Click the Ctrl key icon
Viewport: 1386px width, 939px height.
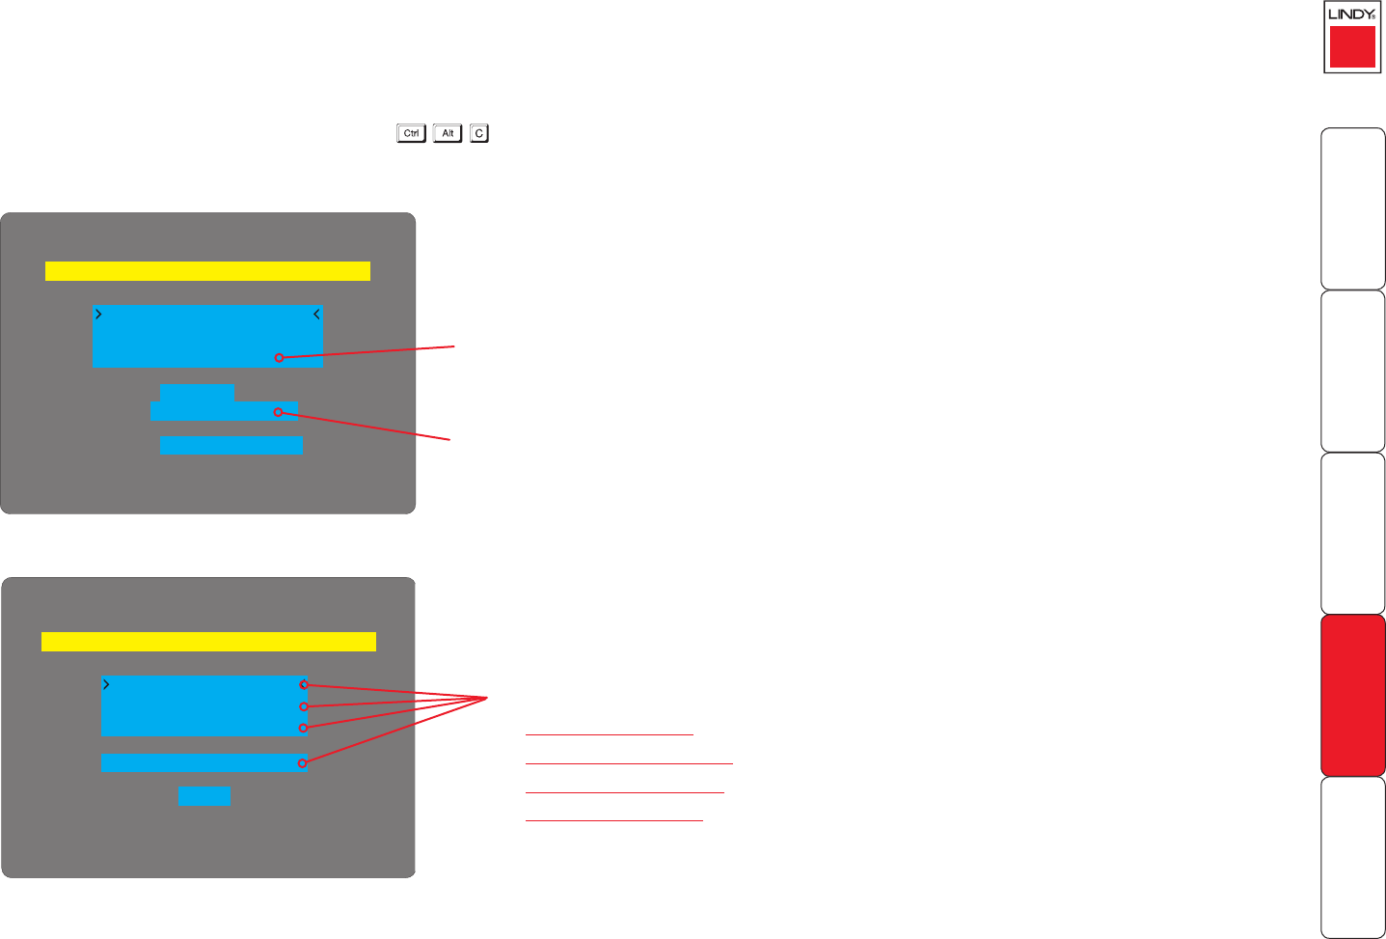click(x=411, y=133)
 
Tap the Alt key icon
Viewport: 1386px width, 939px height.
click(x=448, y=133)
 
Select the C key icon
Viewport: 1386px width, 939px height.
click(x=479, y=133)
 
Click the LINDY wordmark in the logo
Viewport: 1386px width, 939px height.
click(x=1350, y=14)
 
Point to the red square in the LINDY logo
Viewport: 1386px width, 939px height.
click(x=1352, y=46)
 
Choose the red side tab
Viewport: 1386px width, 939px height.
click(x=1353, y=695)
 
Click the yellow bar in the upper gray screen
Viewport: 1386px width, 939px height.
click(x=207, y=270)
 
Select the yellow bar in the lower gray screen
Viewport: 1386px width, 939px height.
click(x=208, y=642)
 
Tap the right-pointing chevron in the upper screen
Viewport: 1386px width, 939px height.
click(x=98, y=315)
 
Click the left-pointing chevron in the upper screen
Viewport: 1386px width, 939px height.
click(x=316, y=315)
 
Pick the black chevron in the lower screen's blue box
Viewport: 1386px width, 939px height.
click(x=106, y=684)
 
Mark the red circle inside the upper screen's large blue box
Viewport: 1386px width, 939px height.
click(x=279, y=357)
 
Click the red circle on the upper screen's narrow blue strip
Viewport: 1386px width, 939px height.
click(x=278, y=412)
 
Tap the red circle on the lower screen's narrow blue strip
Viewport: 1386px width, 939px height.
click(x=303, y=763)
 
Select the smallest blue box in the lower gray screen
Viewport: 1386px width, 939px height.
click(x=204, y=796)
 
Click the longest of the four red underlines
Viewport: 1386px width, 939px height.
click(x=629, y=763)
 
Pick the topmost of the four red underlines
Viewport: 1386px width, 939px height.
click(x=610, y=734)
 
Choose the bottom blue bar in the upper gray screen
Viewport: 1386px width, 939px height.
click(x=231, y=445)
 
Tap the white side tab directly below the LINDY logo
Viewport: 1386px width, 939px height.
click(x=1353, y=207)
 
